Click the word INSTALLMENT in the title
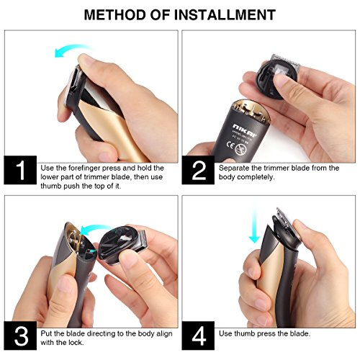(225, 14)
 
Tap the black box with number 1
(20, 170)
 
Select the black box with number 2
(198, 170)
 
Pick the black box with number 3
(20, 336)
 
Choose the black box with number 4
(198, 336)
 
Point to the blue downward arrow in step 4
(254, 225)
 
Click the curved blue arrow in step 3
(95, 228)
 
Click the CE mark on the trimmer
(230, 145)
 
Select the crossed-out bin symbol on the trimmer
(240, 150)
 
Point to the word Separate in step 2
(234, 168)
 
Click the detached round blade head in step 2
(276, 78)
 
